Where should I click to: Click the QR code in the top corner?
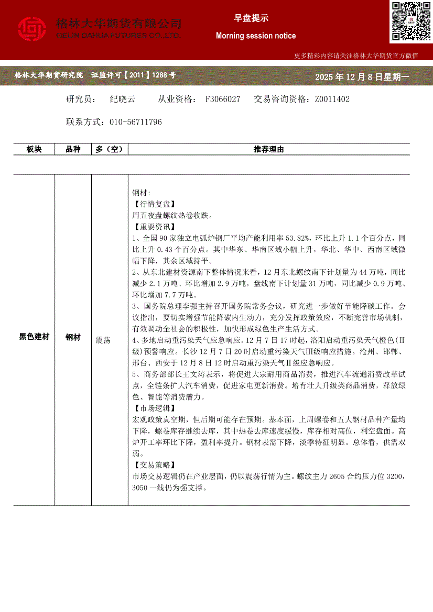coord(411,21)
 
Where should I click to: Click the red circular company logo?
coord(32,29)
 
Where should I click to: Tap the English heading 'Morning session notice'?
coord(256,36)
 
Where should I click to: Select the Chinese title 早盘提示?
coord(251,18)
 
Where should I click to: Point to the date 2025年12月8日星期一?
coord(362,77)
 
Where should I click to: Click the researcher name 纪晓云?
coord(123,99)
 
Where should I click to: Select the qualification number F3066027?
coord(223,99)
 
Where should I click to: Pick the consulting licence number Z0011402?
coord(332,99)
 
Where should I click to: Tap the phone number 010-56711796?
coord(136,122)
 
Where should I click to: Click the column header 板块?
coord(34,150)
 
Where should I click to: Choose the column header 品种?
coord(73,150)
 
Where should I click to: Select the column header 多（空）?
coord(109,150)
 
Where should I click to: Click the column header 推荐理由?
coord(268,150)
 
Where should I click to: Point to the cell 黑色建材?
coord(34,337)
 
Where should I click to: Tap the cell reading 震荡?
coord(103,340)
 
